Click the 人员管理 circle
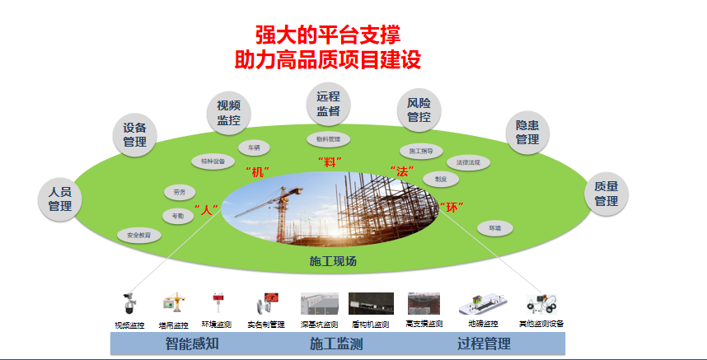click(x=60, y=199)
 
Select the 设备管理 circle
click(x=134, y=134)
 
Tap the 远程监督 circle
click(x=328, y=103)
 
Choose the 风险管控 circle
click(x=419, y=110)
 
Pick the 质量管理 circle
click(x=606, y=193)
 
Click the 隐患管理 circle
click(x=527, y=132)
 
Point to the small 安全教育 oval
click(x=139, y=235)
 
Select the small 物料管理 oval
click(x=328, y=138)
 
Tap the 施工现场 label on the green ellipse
click(x=333, y=262)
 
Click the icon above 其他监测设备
click(x=541, y=302)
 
